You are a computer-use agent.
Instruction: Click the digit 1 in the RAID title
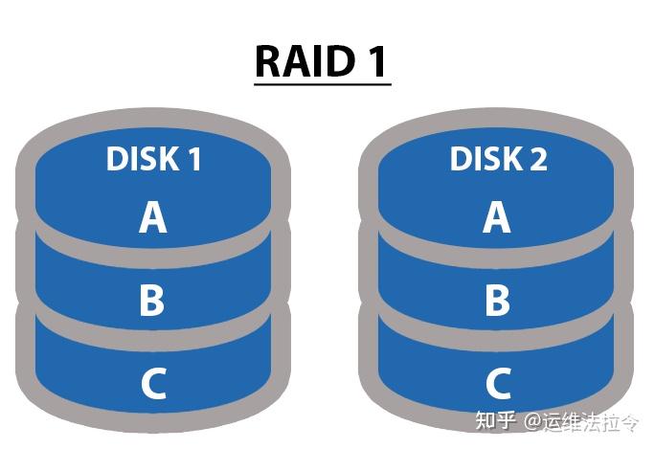pyautogui.click(x=375, y=61)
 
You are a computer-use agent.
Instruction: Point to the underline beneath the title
pyautogui.click(x=322, y=84)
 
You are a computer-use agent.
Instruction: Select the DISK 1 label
pyautogui.click(x=153, y=159)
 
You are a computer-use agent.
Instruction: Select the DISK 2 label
pyautogui.click(x=498, y=159)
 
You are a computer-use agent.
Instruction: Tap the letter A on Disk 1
pyautogui.click(x=152, y=217)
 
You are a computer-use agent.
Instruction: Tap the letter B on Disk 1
pyautogui.click(x=152, y=300)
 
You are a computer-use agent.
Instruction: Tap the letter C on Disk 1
pyautogui.click(x=152, y=383)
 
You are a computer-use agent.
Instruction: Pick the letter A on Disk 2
pyautogui.click(x=497, y=217)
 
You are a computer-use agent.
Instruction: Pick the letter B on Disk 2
pyautogui.click(x=497, y=300)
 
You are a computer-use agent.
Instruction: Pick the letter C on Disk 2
pyautogui.click(x=497, y=383)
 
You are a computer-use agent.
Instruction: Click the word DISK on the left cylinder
pyautogui.click(x=141, y=159)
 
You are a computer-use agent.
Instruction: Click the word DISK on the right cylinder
pyautogui.click(x=485, y=159)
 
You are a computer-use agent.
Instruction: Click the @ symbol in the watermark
pyautogui.click(x=532, y=422)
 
